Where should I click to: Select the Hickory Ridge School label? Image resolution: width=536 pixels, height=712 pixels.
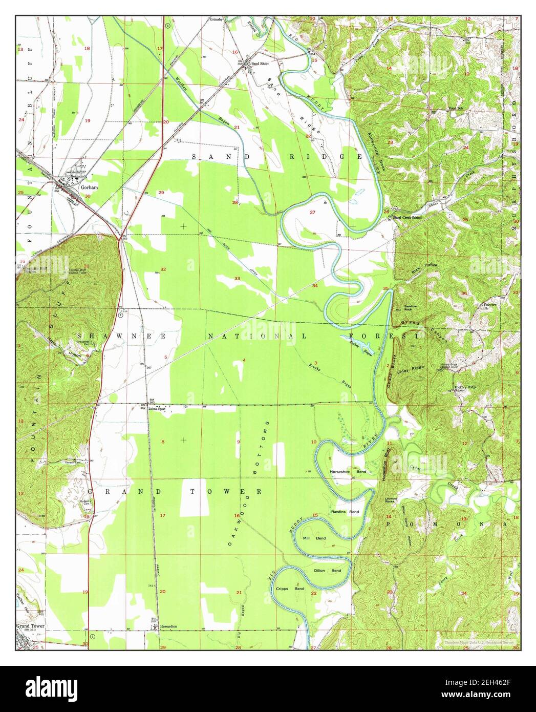[x=465, y=388]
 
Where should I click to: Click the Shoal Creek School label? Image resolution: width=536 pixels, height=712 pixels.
[x=408, y=217]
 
